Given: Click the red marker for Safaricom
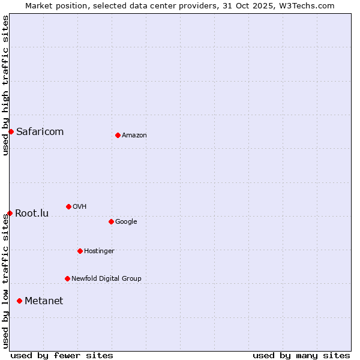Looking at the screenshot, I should (11, 131).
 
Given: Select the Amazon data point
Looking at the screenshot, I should (118, 135).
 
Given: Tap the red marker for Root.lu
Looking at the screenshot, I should (10, 213).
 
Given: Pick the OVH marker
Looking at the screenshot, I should (68, 206).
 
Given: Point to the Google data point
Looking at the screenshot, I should (111, 221).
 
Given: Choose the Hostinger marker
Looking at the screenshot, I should (80, 251).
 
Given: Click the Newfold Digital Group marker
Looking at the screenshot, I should (67, 278).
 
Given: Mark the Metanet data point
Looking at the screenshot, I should (19, 301).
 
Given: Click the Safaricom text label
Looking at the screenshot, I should (40, 132).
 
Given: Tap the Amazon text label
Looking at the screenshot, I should (134, 136).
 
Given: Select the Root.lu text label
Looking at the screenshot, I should (32, 214).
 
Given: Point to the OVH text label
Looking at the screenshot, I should (80, 207).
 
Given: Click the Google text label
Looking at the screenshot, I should (126, 222).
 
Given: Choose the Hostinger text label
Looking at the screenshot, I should (99, 251).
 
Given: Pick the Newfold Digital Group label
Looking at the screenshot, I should (106, 279).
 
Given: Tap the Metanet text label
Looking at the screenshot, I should (44, 301).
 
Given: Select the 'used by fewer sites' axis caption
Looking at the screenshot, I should (62, 355).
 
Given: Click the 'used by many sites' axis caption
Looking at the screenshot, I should (301, 355).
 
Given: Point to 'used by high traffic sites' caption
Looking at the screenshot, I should (5, 85).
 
